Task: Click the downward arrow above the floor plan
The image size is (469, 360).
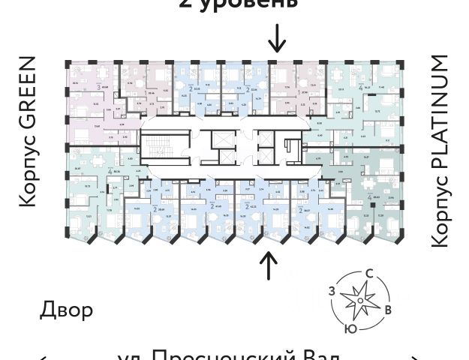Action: [277, 37]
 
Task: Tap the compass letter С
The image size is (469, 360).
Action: [368, 275]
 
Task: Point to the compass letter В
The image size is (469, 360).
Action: [387, 310]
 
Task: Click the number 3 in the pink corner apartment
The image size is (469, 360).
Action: [98, 87]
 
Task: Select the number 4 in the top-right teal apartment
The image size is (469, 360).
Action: [360, 88]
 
